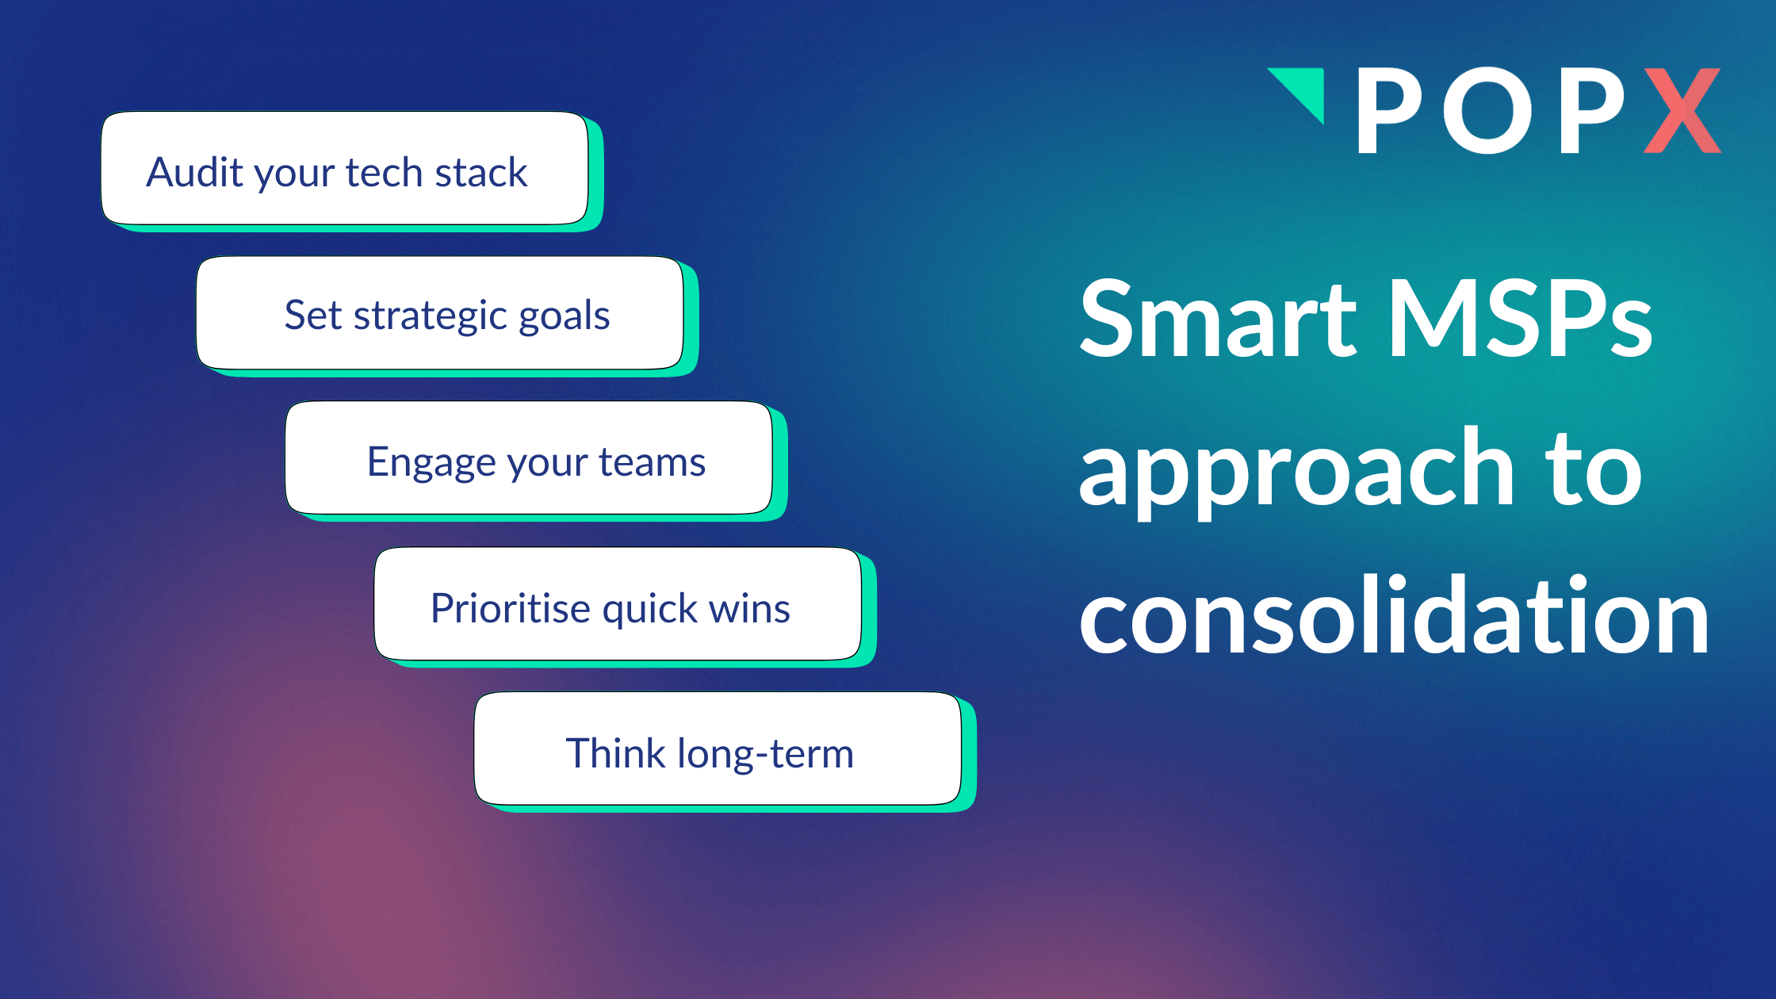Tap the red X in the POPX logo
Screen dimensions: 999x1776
[x=1682, y=110]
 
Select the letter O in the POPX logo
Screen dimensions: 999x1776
[x=1488, y=110]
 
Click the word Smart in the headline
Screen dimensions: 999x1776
[x=1218, y=319]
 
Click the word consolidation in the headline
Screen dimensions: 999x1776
[x=1394, y=617]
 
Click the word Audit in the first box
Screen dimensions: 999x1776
[x=195, y=172]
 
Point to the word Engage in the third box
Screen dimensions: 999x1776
[x=431, y=462]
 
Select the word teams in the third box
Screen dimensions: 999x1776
[x=652, y=462]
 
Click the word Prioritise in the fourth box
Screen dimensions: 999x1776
[x=511, y=608]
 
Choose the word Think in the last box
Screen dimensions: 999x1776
[x=615, y=753]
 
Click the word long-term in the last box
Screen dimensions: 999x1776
[x=765, y=753]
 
